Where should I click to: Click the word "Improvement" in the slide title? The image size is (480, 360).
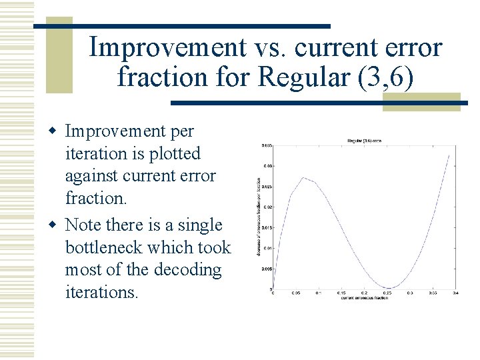tap(167, 48)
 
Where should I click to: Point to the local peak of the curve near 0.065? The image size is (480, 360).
tap(303, 177)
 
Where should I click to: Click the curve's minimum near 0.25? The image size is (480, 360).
tap(390, 288)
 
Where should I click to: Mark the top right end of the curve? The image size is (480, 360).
tap(450, 155)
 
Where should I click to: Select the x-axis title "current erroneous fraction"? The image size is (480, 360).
tap(364, 298)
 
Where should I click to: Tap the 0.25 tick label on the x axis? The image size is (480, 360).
tap(387, 293)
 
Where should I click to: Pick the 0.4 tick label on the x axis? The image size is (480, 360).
tap(455, 293)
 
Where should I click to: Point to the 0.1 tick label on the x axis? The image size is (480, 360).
tap(318, 293)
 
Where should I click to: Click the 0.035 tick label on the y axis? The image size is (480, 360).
tap(266, 145)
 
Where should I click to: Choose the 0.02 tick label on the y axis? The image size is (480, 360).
tap(267, 207)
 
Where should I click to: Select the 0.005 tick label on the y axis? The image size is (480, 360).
tap(266, 269)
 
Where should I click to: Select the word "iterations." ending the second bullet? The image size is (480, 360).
tap(102, 293)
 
